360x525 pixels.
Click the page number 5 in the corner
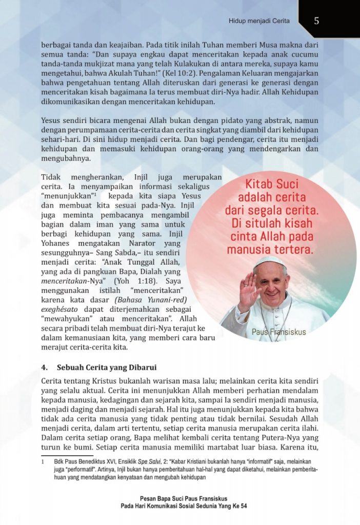coord(316,21)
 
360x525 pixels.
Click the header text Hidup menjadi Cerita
coord(259,21)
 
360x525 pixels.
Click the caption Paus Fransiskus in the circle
coord(278,332)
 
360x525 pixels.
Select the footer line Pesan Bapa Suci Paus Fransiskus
coord(183,498)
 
